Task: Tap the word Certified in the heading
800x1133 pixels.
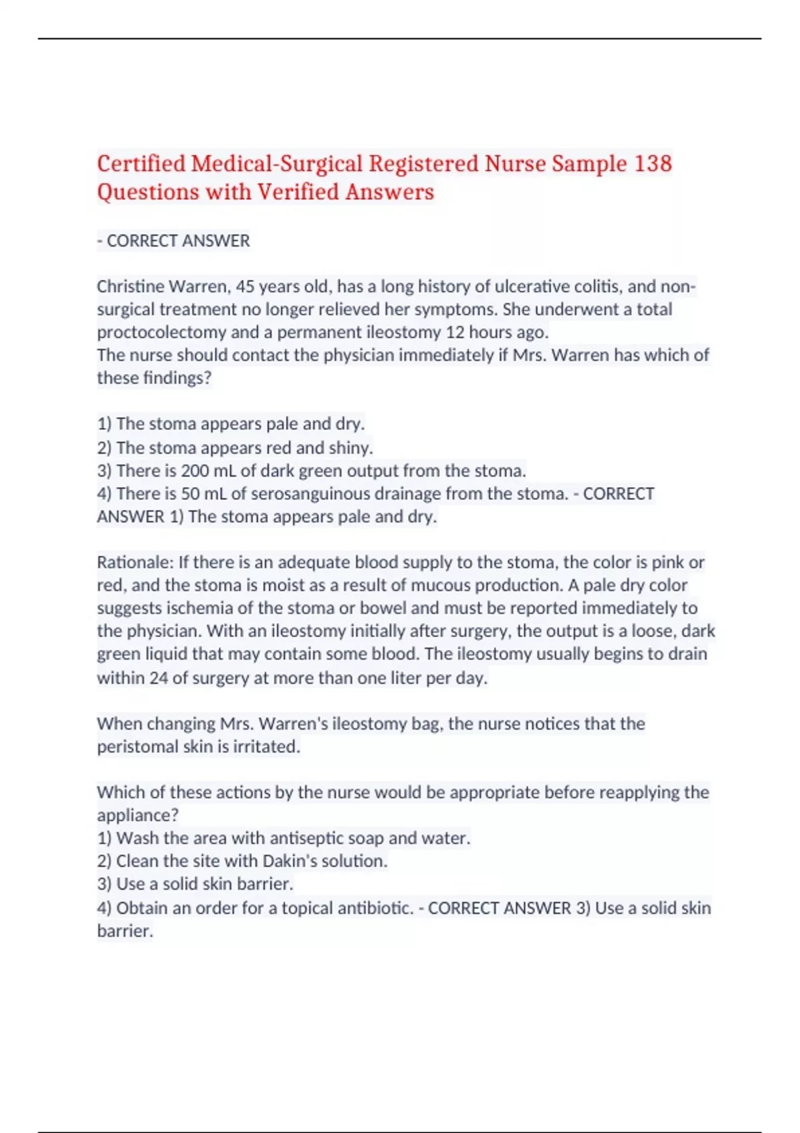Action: coord(141,164)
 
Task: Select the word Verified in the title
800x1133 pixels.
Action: coord(298,193)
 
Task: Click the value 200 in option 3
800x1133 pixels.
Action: coord(195,471)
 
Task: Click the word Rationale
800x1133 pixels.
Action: coord(135,563)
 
